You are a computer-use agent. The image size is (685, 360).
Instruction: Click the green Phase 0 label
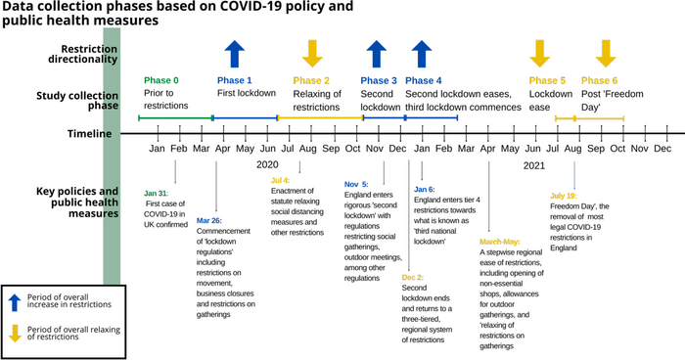pyautogui.click(x=161, y=80)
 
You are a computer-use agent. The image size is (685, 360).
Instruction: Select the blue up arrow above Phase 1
pyautogui.click(x=235, y=53)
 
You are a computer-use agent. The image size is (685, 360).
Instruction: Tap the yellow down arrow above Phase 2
pyautogui.click(x=311, y=53)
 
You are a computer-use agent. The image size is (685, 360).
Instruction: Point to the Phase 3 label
pyautogui.click(x=379, y=80)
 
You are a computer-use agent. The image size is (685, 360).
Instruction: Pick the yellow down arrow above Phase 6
pyautogui.click(x=606, y=53)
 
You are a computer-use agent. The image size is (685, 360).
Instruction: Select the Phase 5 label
pyautogui.click(x=547, y=80)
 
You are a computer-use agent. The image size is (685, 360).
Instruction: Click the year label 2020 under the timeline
pyautogui.click(x=267, y=165)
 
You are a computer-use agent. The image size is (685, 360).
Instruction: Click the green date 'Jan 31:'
pyautogui.click(x=158, y=193)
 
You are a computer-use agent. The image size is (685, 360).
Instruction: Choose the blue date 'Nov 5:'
pyautogui.click(x=356, y=184)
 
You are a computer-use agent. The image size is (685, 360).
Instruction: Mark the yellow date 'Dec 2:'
pyautogui.click(x=415, y=277)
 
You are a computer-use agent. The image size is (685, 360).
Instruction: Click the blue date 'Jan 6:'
pyautogui.click(x=425, y=189)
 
